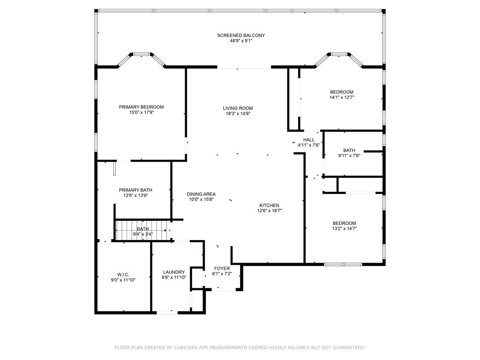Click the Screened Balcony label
coord(241,35)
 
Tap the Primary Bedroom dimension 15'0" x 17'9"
coord(141,113)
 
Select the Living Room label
coord(238,108)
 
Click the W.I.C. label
coord(123,274)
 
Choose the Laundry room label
coord(173,272)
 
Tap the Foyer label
coord(222,268)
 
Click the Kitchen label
coord(269,205)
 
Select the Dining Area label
coord(201,194)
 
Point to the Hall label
coord(309,140)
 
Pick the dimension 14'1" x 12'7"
coord(342,97)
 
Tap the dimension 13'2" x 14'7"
coord(344,229)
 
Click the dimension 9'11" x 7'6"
coord(349,156)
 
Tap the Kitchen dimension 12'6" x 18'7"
coord(269,211)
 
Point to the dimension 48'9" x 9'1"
coord(241,41)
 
